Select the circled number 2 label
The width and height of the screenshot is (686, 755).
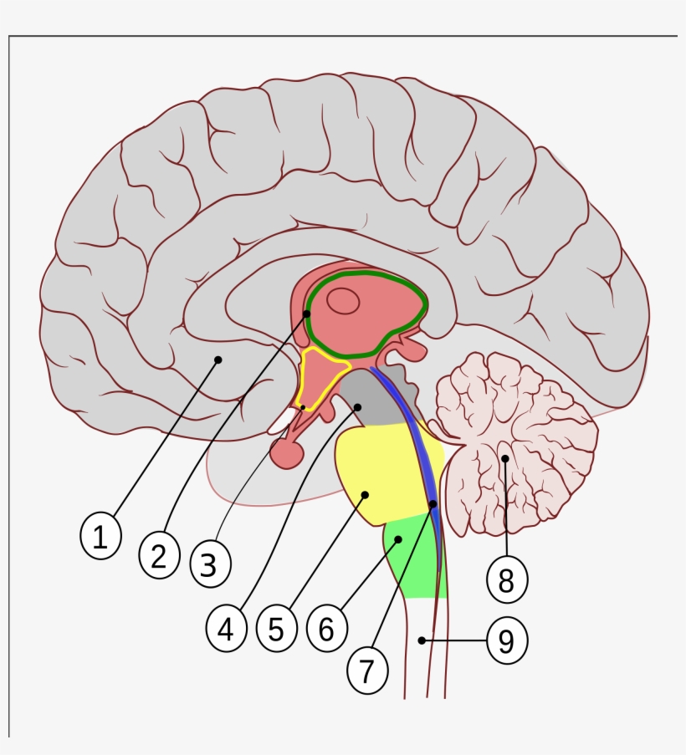point(159,555)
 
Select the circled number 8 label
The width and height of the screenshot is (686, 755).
point(506,579)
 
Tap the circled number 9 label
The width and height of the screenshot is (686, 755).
point(506,641)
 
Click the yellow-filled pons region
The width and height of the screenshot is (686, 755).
point(381,472)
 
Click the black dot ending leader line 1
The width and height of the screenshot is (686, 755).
point(218,360)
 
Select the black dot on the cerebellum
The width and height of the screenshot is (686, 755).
point(505,458)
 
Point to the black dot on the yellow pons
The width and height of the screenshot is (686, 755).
point(365,495)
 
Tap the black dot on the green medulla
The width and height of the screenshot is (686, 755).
point(398,540)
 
